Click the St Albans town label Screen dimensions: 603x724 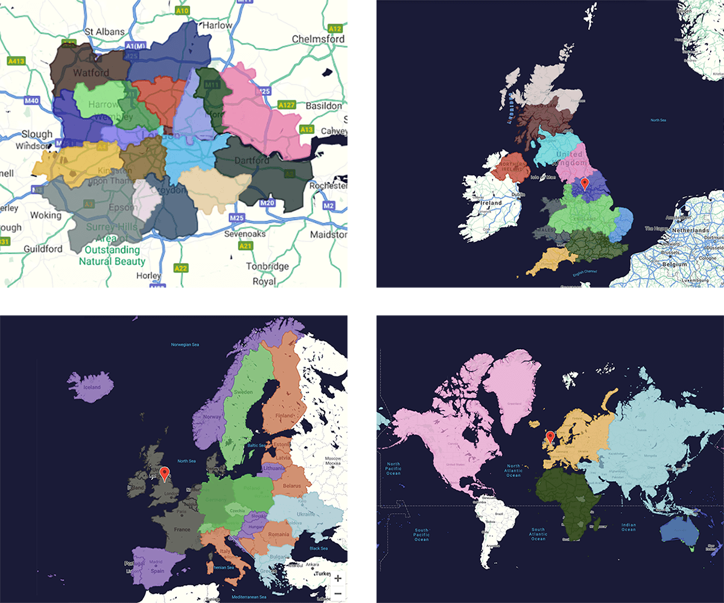[x=104, y=31]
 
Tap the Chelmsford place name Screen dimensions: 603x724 [x=318, y=39]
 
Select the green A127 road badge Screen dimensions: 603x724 [x=287, y=106]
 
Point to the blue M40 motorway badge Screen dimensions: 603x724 [x=31, y=101]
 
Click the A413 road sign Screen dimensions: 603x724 [x=16, y=61]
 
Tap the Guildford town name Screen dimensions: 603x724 [x=43, y=248]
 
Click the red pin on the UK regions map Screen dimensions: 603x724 [x=584, y=184]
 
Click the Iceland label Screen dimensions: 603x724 [x=92, y=388]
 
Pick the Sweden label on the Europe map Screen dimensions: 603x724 [x=243, y=392]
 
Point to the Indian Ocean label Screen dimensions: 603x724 [x=629, y=527]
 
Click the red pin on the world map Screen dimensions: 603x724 [x=550, y=437]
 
